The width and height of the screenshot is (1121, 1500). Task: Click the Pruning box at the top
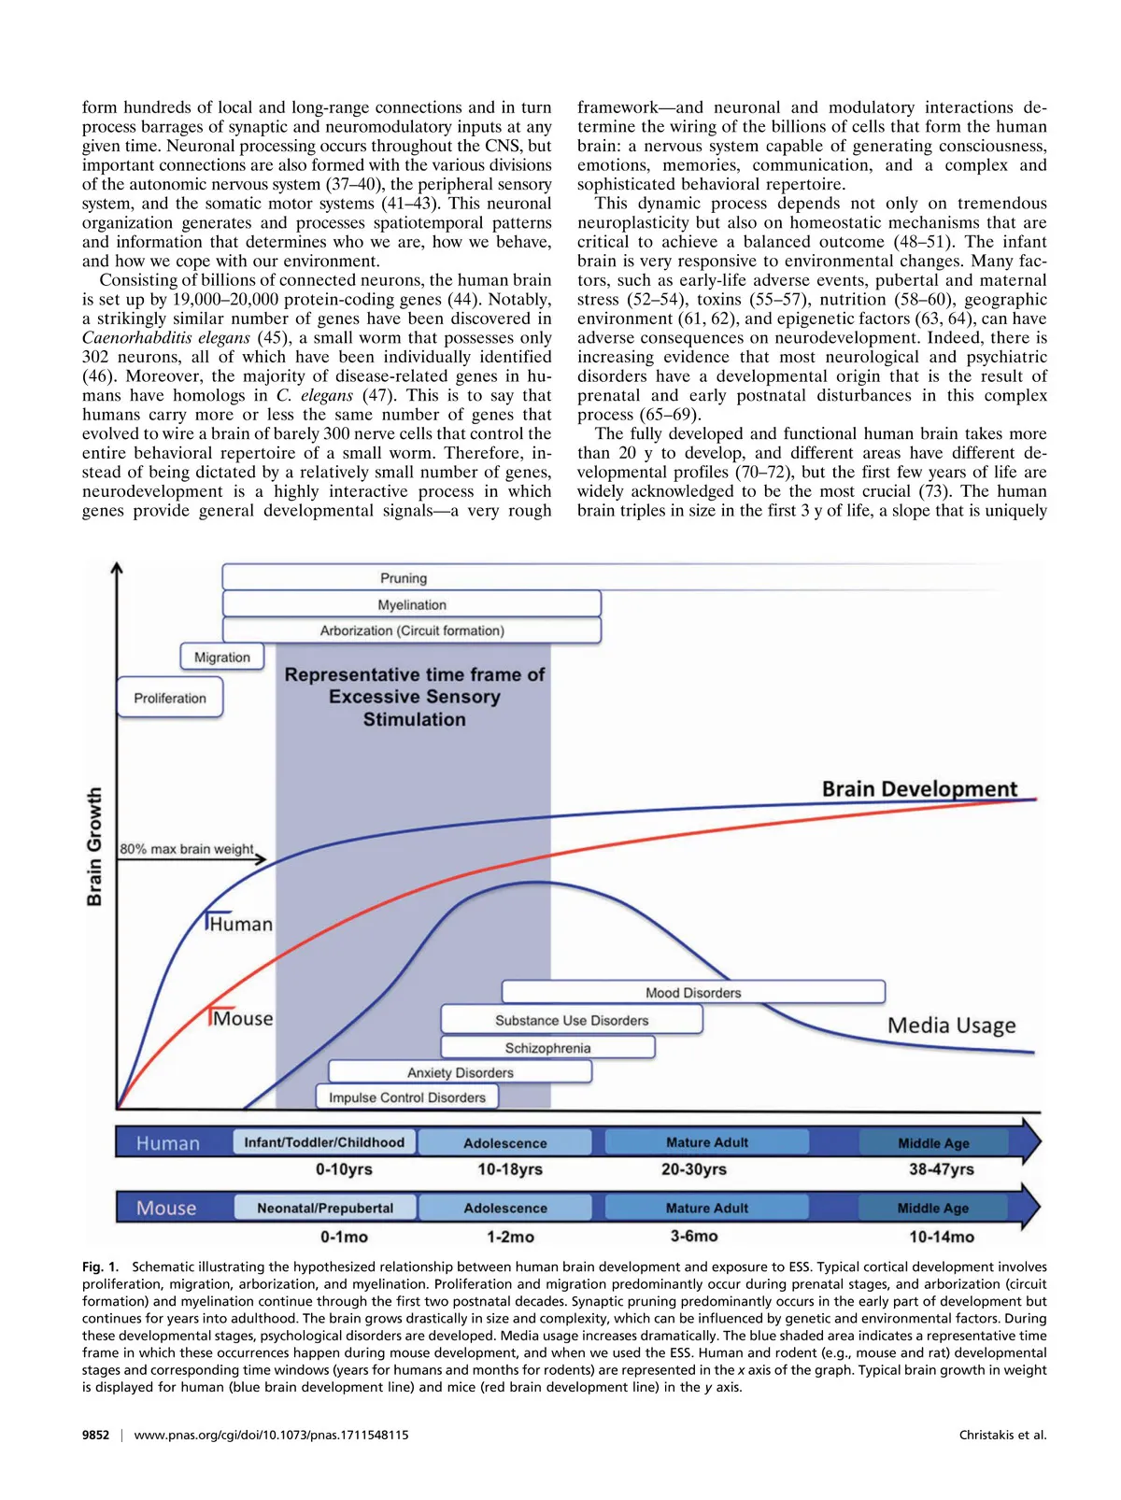tap(404, 578)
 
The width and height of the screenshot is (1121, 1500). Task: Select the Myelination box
tap(412, 604)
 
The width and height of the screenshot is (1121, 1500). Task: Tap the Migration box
tap(222, 658)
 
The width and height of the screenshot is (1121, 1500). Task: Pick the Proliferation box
tap(170, 698)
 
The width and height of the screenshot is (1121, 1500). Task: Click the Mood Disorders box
tap(693, 993)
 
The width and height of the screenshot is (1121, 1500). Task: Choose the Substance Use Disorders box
tap(572, 1020)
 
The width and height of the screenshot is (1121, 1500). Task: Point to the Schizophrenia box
tap(547, 1048)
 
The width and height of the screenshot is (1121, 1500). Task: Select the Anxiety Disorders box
tap(461, 1072)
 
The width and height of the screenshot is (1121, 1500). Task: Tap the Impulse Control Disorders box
tap(407, 1097)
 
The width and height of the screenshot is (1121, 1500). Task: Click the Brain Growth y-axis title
tap(94, 846)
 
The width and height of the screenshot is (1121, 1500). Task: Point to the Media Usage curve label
tap(951, 1026)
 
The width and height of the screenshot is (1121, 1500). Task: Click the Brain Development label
tap(919, 789)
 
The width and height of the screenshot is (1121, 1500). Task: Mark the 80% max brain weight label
tap(187, 849)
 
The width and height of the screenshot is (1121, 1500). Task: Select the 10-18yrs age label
tap(510, 1169)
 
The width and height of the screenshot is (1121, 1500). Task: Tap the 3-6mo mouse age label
tap(694, 1236)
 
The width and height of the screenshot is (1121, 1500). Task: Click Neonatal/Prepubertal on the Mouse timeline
tap(325, 1208)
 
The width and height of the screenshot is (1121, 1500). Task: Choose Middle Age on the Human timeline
tap(933, 1143)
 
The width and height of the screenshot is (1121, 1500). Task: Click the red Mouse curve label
tap(243, 1019)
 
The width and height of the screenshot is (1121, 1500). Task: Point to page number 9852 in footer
tap(95, 1435)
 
